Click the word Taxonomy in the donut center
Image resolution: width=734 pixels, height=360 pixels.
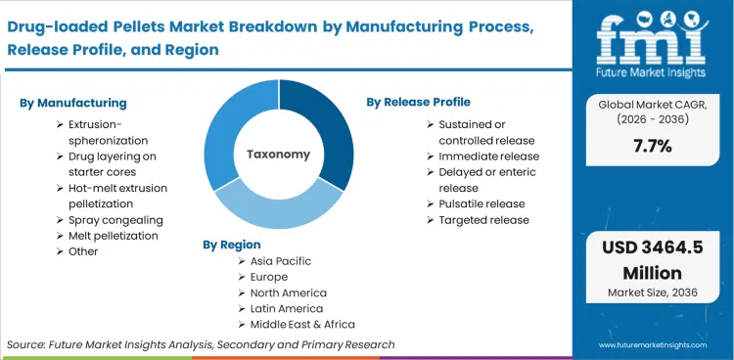[278, 155]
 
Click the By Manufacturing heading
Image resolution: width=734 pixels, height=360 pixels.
[73, 103]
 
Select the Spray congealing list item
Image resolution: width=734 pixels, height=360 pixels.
[115, 220]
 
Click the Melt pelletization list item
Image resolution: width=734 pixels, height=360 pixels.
[113, 236]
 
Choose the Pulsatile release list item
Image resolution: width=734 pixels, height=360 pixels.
[482, 203]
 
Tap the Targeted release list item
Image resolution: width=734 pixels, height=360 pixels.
[483, 220]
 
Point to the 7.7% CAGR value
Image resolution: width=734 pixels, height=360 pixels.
[652, 146]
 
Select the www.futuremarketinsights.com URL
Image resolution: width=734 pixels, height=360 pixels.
[654, 344]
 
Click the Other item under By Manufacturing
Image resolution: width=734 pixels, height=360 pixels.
[83, 251]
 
